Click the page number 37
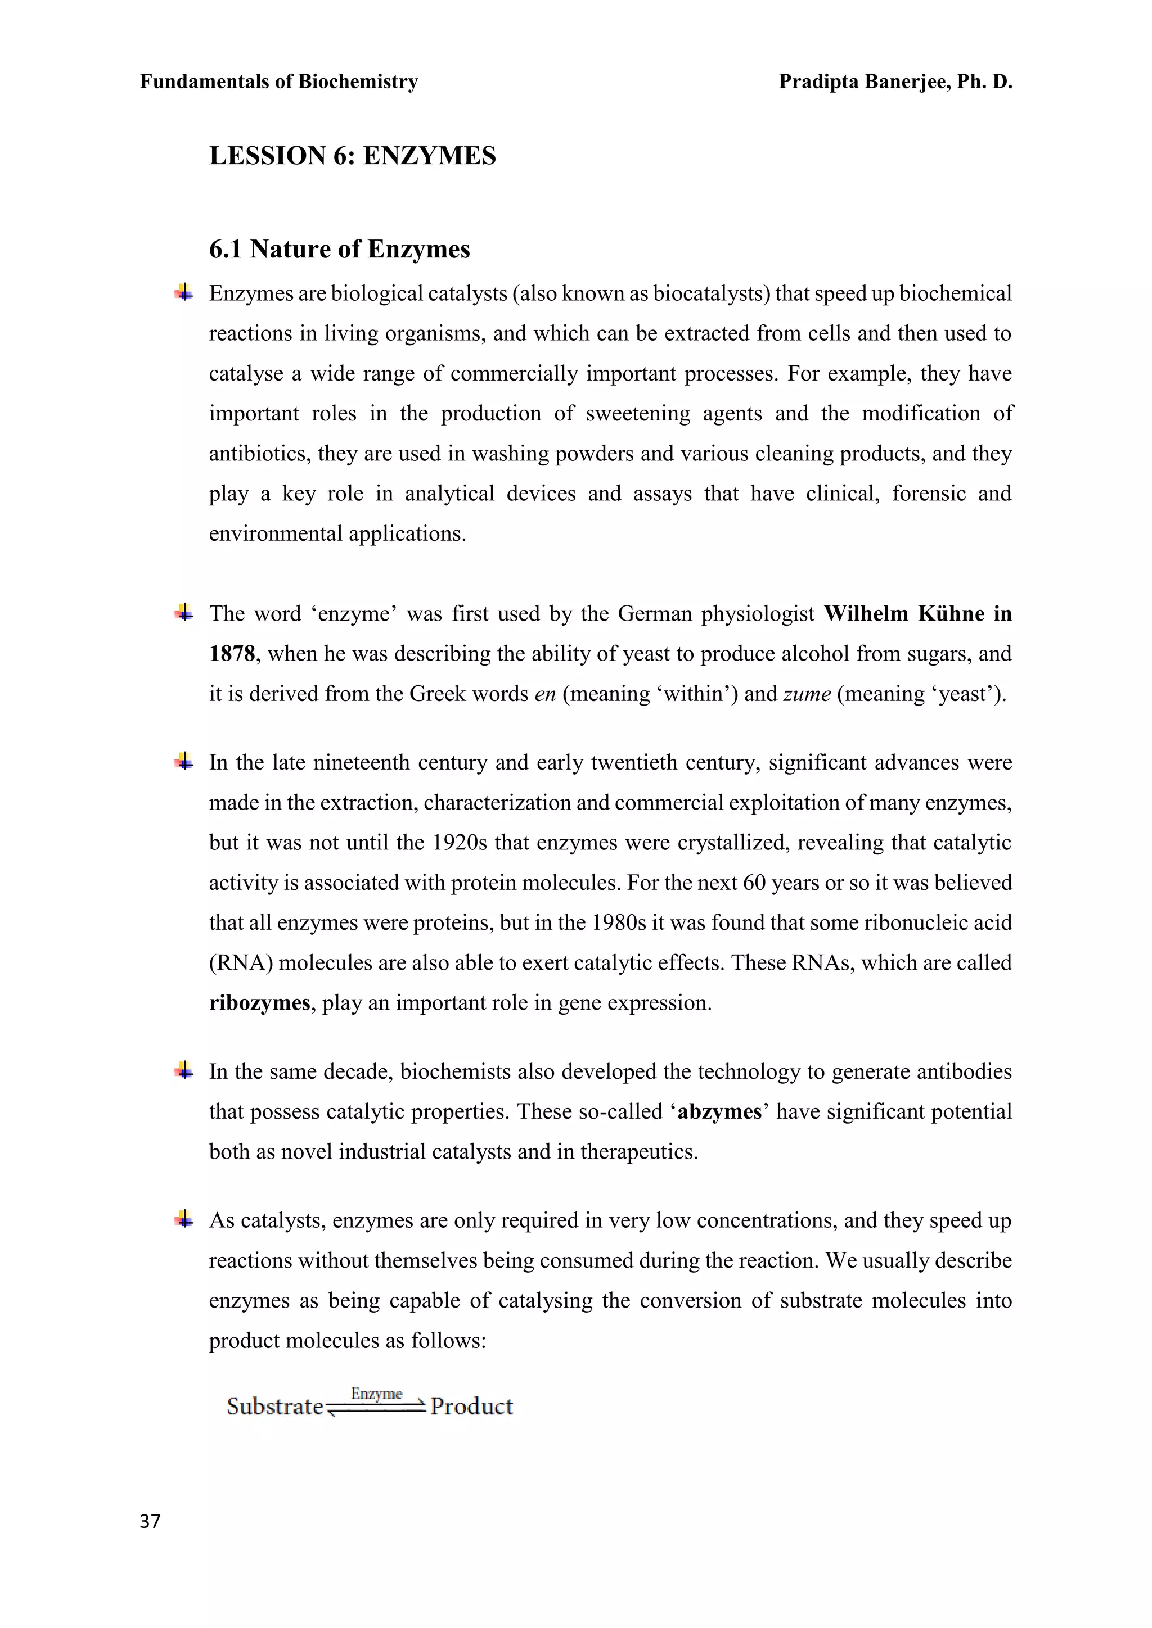[x=150, y=1521]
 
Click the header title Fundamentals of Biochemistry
[x=279, y=82]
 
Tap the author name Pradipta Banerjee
[x=863, y=82]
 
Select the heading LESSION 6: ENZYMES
[x=353, y=156]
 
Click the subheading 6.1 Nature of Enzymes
[x=339, y=250]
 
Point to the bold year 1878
[x=231, y=654]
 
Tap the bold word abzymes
[x=719, y=1111]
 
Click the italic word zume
[x=807, y=694]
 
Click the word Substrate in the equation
[x=275, y=1407]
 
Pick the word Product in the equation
[x=472, y=1407]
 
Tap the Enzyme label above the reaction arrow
[x=377, y=1394]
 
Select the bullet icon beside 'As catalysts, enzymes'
[x=184, y=1219]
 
